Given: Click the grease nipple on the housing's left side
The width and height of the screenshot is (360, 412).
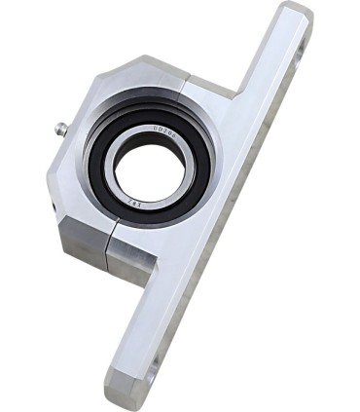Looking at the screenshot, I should click(60, 127).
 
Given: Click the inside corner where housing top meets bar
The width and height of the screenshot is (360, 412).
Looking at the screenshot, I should click(233, 96).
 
